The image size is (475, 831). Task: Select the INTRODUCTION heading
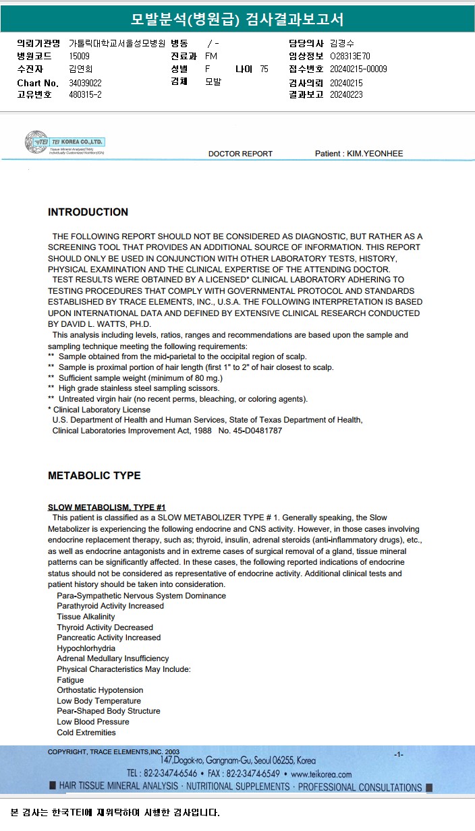(88, 212)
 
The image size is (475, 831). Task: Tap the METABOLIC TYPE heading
(94, 476)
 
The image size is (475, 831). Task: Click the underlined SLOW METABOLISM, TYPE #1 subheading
(107, 507)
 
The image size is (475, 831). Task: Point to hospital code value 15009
(80, 57)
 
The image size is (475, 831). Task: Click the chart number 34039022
(86, 83)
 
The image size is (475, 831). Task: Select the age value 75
(264, 69)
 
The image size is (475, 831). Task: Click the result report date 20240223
(346, 95)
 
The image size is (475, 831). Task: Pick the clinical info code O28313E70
(350, 57)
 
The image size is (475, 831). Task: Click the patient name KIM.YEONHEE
(375, 154)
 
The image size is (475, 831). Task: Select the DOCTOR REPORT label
(240, 154)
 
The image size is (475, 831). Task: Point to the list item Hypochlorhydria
(85, 648)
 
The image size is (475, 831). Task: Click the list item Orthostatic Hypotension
(100, 690)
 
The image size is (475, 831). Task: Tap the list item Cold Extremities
(86, 733)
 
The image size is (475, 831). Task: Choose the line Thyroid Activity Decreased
(105, 627)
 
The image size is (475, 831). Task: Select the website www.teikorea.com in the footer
(322, 774)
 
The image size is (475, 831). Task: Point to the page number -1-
(399, 754)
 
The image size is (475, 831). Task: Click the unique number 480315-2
(86, 95)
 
